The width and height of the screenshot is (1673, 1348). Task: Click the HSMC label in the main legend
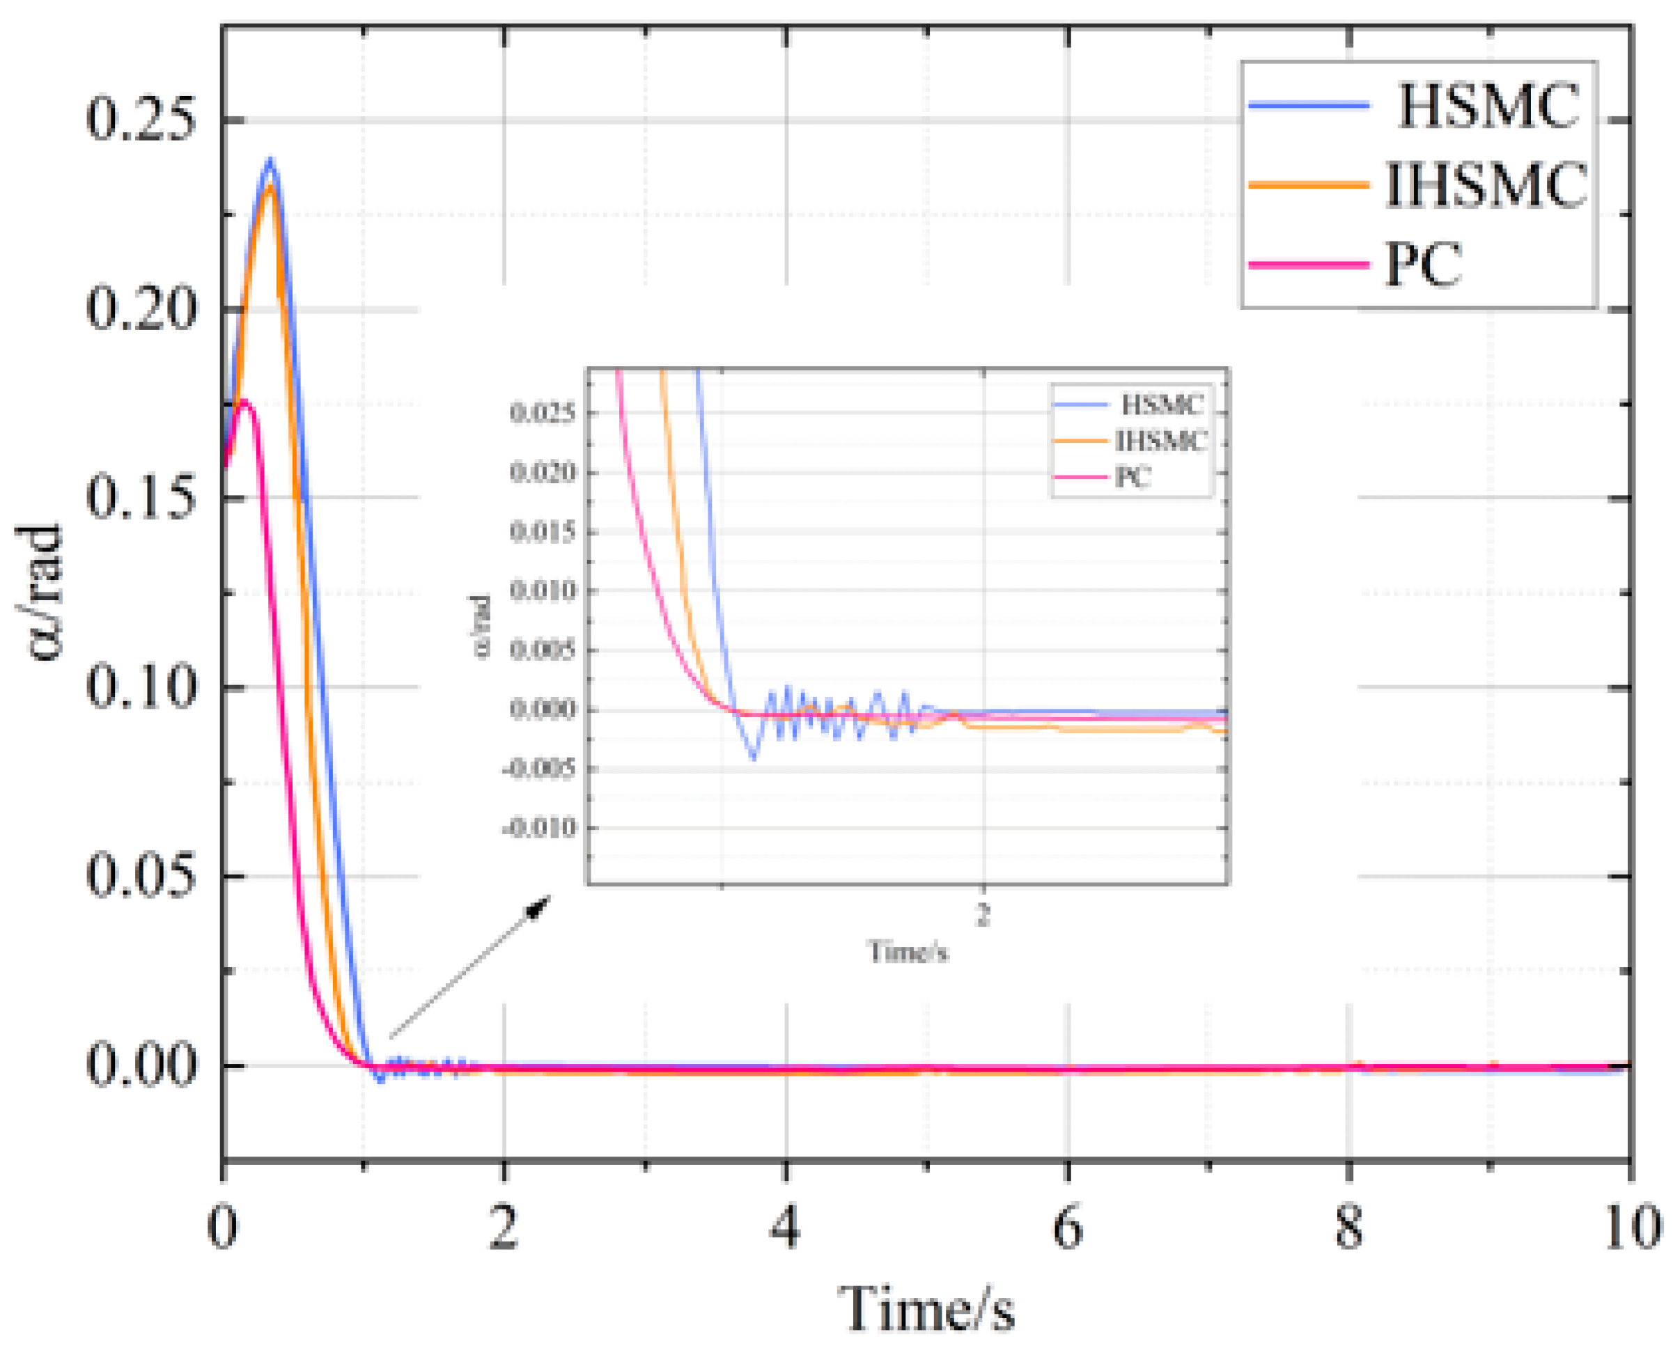(x=1487, y=106)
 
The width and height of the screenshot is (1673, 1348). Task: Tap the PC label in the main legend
(x=1423, y=265)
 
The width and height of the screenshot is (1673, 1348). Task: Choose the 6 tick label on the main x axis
(x=1068, y=1229)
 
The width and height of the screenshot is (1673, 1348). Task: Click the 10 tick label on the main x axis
(x=1631, y=1229)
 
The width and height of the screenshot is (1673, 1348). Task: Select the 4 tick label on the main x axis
(x=786, y=1229)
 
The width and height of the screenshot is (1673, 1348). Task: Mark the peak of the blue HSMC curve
(x=270, y=160)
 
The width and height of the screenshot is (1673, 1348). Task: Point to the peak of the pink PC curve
(x=245, y=402)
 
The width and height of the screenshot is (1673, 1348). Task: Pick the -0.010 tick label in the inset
(x=540, y=828)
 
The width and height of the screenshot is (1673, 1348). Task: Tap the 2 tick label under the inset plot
(x=983, y=916)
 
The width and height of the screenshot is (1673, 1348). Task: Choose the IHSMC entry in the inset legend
(x=1160, y=441)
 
